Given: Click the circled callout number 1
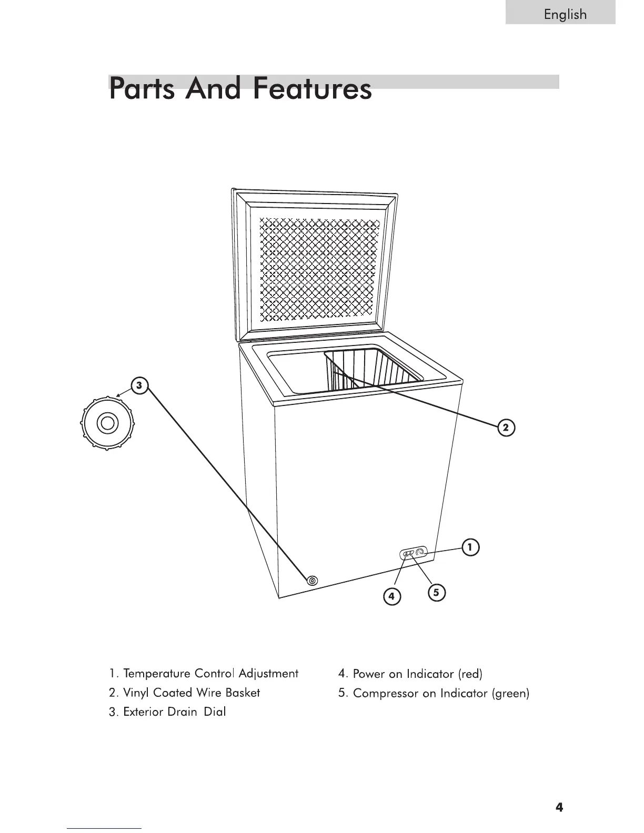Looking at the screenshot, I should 470,547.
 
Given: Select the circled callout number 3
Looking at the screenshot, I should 139,385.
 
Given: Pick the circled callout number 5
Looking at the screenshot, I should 436,593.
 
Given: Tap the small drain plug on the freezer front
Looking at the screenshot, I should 313,581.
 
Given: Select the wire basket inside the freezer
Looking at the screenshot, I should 368,368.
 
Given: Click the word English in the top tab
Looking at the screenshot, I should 565,14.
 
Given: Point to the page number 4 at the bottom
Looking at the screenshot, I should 559,807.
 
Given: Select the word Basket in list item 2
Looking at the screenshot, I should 243,693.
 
